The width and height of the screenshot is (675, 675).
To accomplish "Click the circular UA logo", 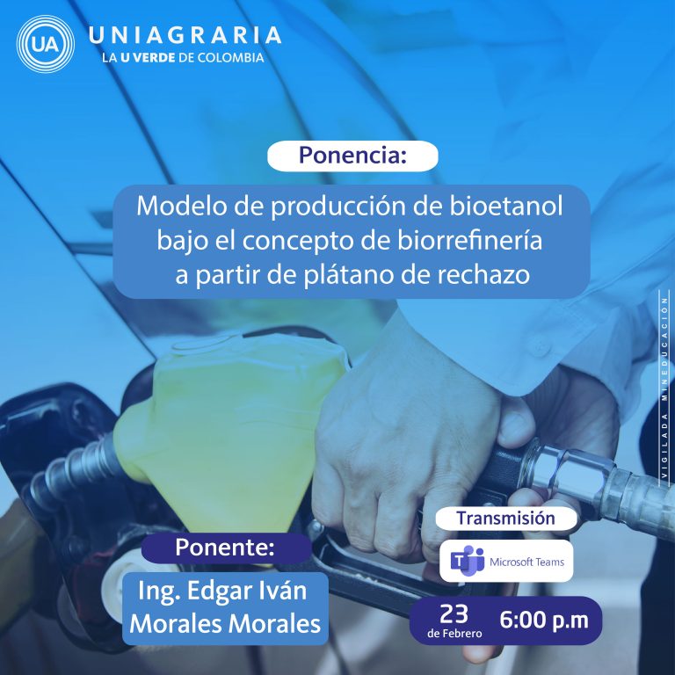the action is click(45, 44).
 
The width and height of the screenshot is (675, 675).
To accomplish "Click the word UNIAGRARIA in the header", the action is click(185, 35).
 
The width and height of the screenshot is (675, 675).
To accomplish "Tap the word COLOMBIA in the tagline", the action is click(230, 58).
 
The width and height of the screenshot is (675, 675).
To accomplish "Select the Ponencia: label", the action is click(352, 156).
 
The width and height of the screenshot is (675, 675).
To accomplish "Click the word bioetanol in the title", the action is click(506, 206).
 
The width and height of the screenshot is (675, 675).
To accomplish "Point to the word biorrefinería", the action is click(469, 240).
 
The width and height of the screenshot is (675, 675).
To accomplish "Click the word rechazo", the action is click(483, 275).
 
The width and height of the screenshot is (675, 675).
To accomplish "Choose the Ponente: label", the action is click(225, 548).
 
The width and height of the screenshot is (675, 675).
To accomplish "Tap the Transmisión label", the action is click(506, 519).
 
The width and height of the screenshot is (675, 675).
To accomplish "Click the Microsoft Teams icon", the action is click(468, 561).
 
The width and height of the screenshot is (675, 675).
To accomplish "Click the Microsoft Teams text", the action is click(527, 562).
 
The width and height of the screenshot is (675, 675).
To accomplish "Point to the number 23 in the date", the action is click(454, 613).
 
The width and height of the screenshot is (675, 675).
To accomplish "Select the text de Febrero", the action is click(454, 634).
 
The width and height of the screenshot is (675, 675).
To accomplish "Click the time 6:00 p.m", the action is click(544, 621).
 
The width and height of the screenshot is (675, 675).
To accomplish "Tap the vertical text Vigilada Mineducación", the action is click(665, 387).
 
